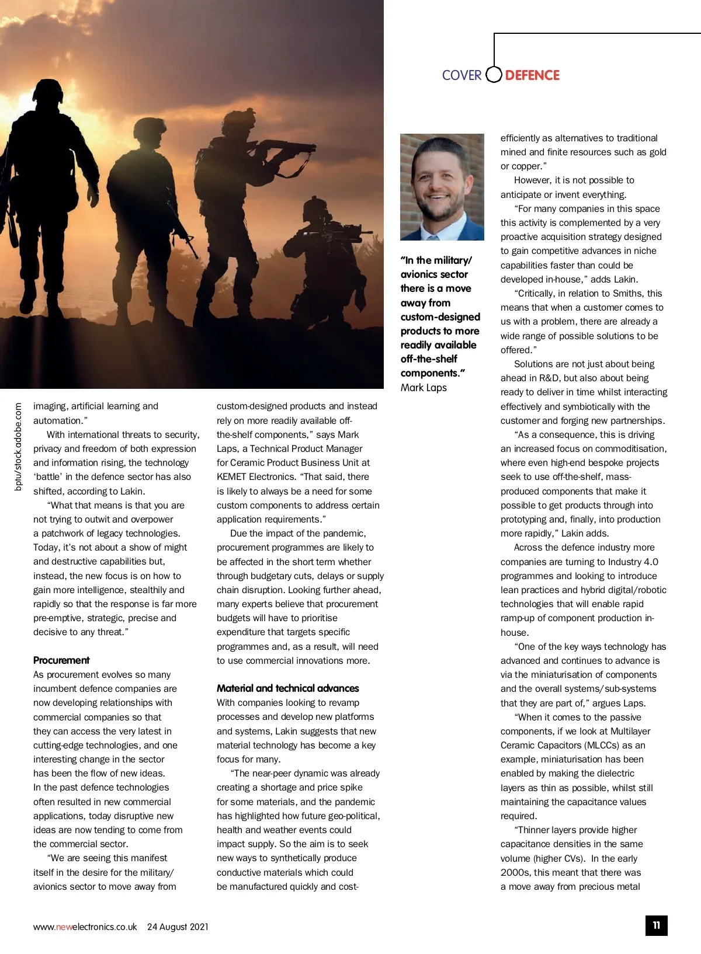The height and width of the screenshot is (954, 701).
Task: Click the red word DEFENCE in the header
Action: pos(532,75)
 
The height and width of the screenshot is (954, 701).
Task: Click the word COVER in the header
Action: pos(461,75)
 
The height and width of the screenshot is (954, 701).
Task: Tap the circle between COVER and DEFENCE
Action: pos(494,75)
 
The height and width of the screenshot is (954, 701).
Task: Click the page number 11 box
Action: pos(656,925)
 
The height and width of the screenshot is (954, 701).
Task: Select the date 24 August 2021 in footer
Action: pos(178,927)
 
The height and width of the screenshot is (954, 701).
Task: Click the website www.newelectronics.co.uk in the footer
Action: pos(85,927)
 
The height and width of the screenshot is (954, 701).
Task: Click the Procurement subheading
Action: pos(61,660)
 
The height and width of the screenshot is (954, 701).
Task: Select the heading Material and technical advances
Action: pos(287,688)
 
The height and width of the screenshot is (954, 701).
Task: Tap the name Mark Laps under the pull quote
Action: pos(424,388)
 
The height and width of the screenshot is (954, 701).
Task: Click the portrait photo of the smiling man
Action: pos(442,187)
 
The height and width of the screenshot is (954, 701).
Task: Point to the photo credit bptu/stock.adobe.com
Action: pos(18,447)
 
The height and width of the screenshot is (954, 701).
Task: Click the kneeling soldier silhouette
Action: pos(324,251)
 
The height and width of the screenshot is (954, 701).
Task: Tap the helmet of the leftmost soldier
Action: pos(48,90)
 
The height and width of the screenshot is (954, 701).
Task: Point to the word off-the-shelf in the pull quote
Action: pos(429,359)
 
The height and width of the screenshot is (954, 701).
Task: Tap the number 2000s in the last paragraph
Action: pos(515,872)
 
